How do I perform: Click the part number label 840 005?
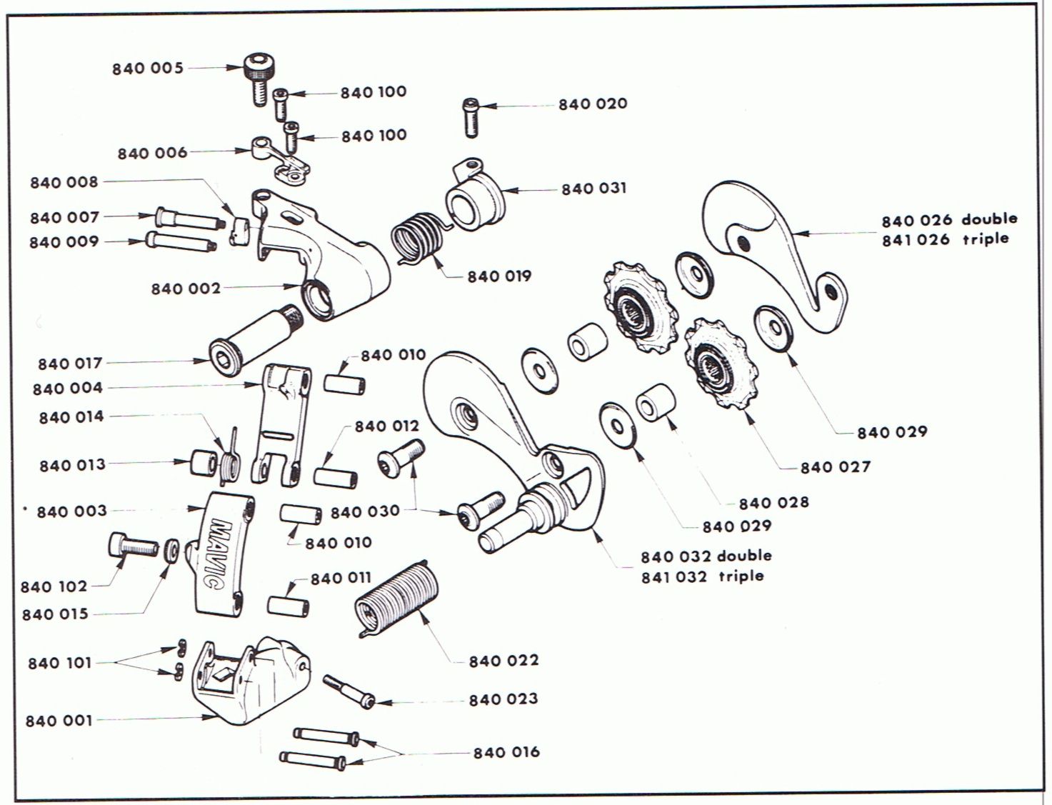[x=148, y=69]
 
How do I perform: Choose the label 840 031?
[x=593, y=189]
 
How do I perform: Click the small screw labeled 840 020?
[x=470, y=117]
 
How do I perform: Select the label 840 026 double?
[x=949, y=220]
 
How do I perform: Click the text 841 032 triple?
[x=702, y=576]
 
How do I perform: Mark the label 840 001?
[x=59, y=721]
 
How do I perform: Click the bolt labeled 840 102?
[x=133, y=546]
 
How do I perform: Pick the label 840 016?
[x=506, y=752]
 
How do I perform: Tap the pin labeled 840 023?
[x=348, y=690]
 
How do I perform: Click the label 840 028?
[x=773, y=503]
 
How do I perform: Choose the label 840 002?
[x=186, y=289]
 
